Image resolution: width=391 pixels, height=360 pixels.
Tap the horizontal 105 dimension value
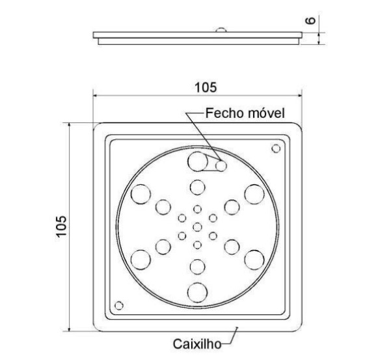(x=198, y=86)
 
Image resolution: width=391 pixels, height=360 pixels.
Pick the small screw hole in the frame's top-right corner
(x=276, y=149)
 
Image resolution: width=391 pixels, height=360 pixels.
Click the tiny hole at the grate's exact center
(x=197, y=227)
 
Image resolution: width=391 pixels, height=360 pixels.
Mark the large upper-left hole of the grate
(x=141, y=193)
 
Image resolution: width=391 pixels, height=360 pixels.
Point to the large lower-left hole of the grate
(x=141, y=259)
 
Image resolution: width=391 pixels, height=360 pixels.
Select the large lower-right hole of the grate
(x=254, y=259)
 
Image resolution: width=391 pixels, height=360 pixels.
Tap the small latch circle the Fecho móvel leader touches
(x=221, y=166)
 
